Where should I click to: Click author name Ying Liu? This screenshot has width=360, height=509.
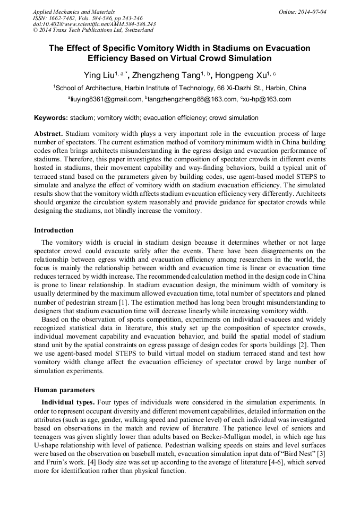click(x=100, y=75)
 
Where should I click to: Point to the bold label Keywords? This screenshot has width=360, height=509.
click(x=51, y=118)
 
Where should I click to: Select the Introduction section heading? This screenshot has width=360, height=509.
click(x=54, y=230)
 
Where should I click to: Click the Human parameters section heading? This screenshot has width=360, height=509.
click(x=64, y=390)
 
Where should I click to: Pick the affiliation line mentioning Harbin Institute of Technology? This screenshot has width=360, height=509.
click(x=180, y=88)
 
